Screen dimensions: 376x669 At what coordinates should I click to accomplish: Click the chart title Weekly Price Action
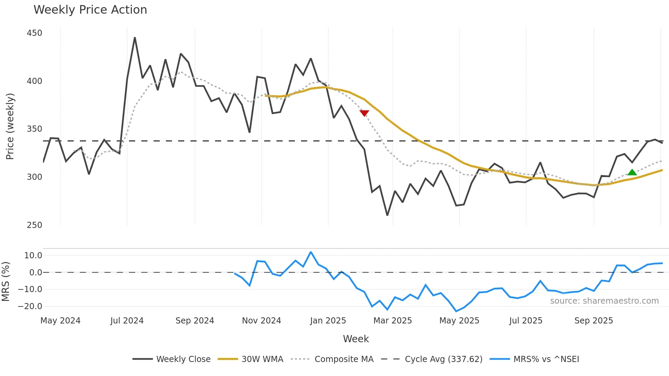tap(90, 10)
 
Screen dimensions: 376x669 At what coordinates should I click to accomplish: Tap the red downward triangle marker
tap(364, 113)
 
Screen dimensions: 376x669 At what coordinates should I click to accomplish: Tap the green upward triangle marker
tap(632, 173)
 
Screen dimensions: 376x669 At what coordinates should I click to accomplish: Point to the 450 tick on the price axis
tap(34, 33)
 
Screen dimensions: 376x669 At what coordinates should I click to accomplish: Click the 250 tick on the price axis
tap(34, 225)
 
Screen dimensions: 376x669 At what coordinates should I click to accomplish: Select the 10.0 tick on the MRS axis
tap(33, 256)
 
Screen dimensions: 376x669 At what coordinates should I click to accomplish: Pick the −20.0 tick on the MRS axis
tap(30, 306)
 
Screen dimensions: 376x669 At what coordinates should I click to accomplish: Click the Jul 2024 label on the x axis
tap(127, 321)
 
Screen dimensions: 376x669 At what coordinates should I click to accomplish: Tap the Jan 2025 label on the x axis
tap(328, 321)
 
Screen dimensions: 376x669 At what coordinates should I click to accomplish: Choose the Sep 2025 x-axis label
tap(594, 321)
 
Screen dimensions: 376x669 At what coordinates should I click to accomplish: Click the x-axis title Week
tap(356, 339)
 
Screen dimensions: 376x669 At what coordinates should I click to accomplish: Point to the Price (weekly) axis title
tap(10, 126)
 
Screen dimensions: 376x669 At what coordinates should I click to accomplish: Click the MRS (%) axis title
tap(5, 281)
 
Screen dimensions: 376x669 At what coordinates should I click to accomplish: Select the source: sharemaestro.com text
tap(604, 301)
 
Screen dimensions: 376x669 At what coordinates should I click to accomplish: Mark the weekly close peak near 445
tap(135, 38)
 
